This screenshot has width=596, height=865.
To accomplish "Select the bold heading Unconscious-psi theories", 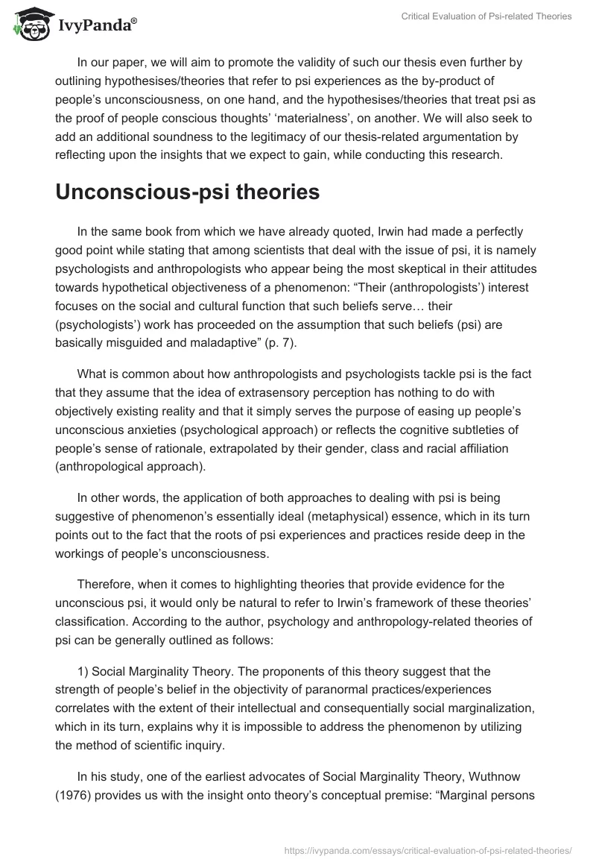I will (187, 192).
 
